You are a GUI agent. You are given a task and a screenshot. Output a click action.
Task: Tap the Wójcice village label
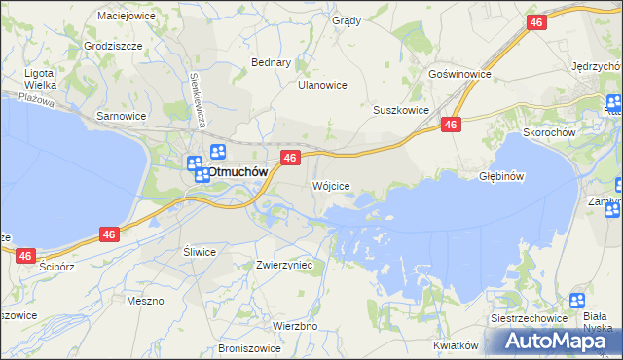330,185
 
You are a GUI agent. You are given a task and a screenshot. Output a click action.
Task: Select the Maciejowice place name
127,16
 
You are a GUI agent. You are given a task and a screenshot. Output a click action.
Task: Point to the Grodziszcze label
113,46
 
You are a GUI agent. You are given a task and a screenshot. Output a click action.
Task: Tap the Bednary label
272,62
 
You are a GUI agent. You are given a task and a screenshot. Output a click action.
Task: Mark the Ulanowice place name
322,85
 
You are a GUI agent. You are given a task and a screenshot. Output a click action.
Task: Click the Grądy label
346,20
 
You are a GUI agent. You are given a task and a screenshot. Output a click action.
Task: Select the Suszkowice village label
401,110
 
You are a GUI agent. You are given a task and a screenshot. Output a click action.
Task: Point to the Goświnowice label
459,74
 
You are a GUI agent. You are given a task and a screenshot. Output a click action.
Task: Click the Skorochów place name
551,132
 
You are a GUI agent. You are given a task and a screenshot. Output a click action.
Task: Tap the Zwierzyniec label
283,264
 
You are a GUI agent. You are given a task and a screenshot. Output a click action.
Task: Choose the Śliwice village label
200,251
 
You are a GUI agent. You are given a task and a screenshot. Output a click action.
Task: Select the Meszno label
145,301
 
